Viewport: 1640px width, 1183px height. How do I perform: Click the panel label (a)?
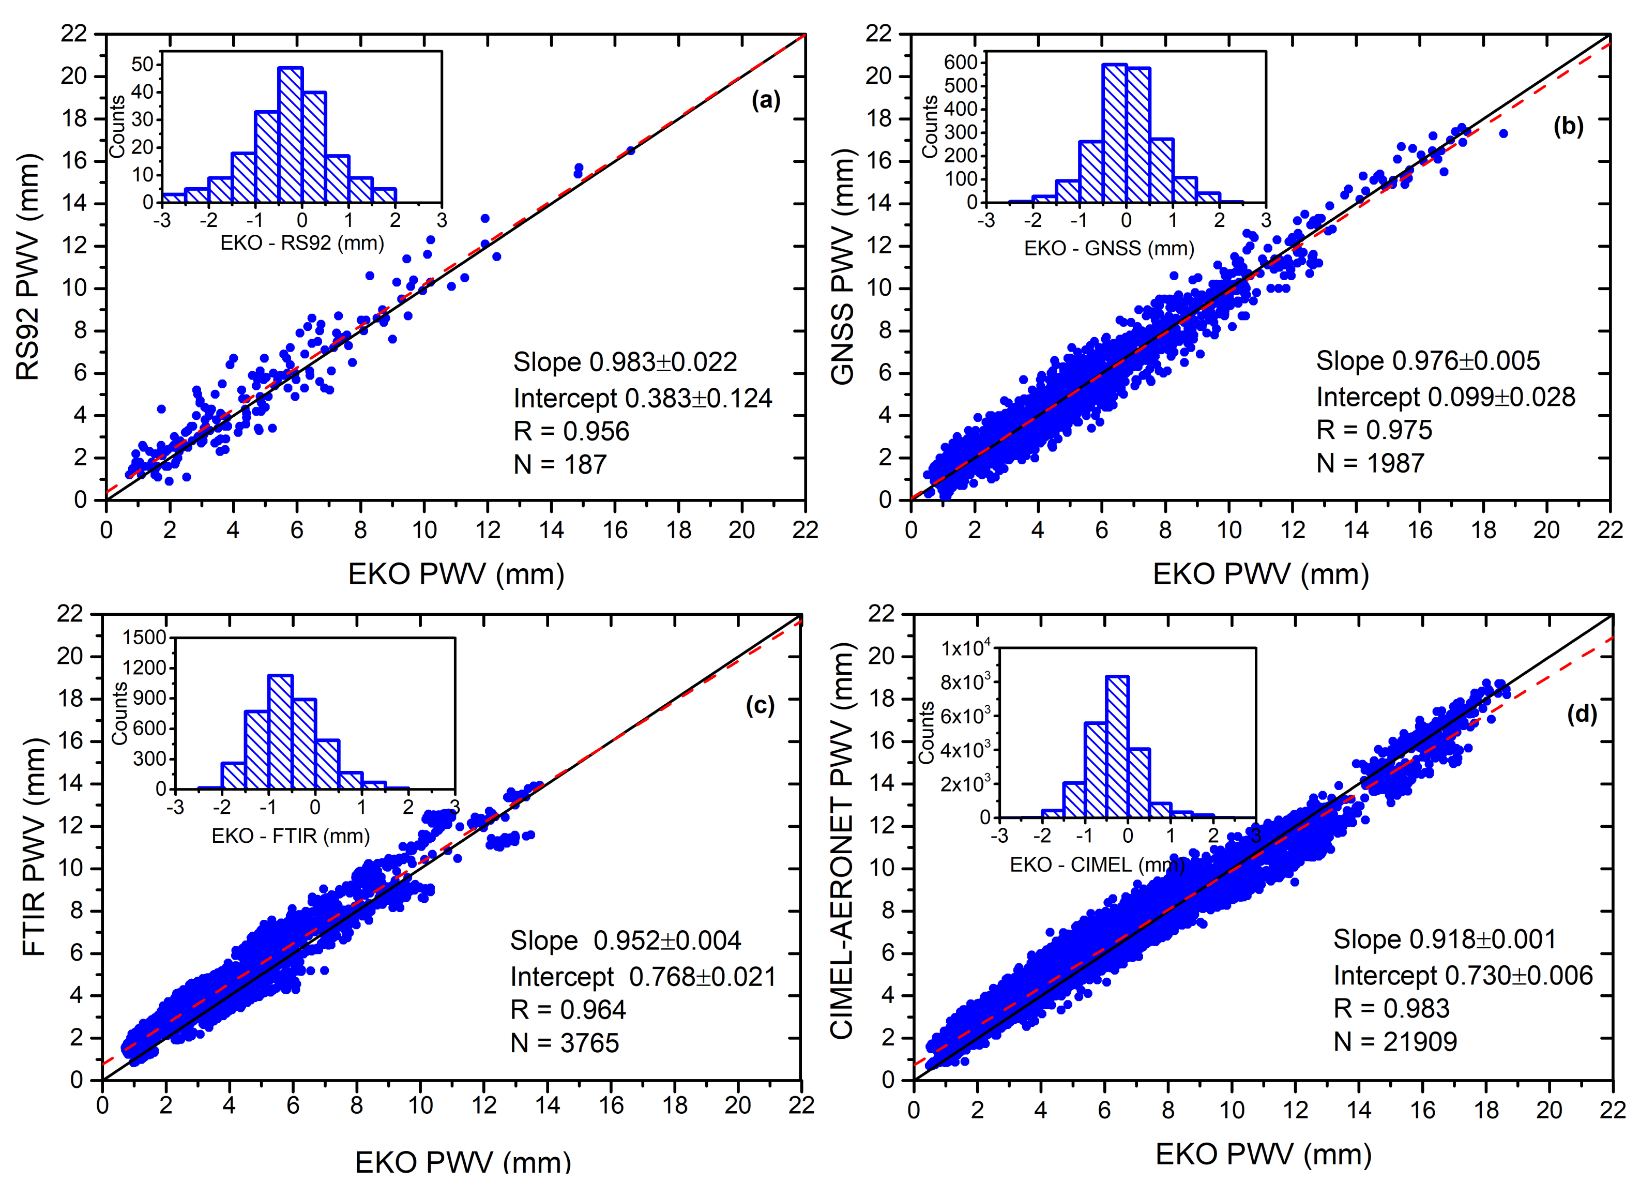click(x=766, y=100)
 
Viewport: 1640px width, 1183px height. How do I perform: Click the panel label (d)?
click(x=1582, y=715)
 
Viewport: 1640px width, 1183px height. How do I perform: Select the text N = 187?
click(x=560, y=464)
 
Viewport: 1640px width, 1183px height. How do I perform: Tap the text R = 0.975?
click(x=1373, y=430)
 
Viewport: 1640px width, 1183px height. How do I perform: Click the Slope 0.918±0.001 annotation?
click(x=1444, y=939)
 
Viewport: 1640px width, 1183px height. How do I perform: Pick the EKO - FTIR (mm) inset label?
click(x=290, y=836)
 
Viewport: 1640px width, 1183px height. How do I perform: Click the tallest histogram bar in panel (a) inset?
click(x=291, y=134)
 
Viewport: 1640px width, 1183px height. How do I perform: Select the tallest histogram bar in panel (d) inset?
click(x=1117, y=746)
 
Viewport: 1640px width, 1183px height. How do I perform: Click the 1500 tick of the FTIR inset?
click(x=145, y=638)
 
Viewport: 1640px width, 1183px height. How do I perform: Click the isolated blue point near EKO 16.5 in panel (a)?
click(x=631, y=150)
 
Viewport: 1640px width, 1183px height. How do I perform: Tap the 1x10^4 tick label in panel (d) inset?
click(x=965, y=648)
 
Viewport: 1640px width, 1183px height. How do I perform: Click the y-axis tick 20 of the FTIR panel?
click(x=70, y=657)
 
